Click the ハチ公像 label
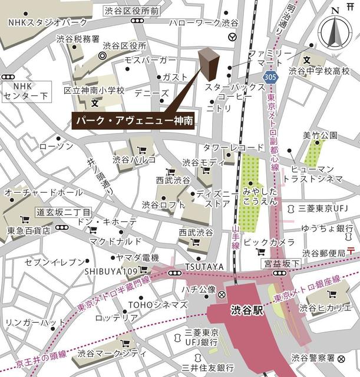tap(197, 290)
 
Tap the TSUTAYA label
tap(204, 267)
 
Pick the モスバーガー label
tap(150, 61)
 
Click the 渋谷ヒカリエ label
tap(323, 307)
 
